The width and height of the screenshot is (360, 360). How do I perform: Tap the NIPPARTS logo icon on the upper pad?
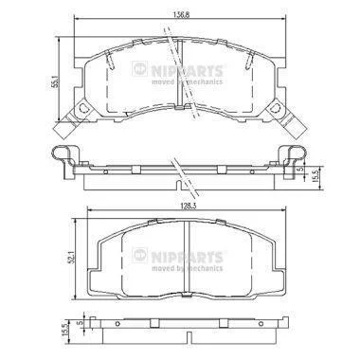[139, 68]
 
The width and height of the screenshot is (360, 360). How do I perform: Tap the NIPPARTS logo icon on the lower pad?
[139, 255]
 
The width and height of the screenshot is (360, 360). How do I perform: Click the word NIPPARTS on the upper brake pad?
[187, 71]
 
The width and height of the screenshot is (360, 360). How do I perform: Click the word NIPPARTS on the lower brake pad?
[187, 258]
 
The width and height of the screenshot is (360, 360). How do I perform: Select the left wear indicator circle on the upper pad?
[82, 108]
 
